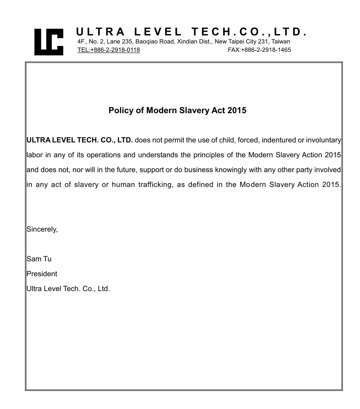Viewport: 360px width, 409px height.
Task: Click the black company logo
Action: [49, 42]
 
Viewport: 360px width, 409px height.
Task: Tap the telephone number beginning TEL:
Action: [109, 50]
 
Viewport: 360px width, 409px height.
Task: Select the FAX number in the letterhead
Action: [259, 50]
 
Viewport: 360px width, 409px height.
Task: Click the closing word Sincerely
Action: [42, 229]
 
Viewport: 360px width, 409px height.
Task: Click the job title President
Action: [42, 274]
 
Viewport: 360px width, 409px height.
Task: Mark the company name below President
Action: [69, 289]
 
